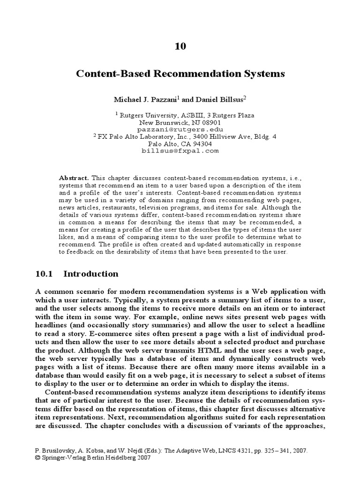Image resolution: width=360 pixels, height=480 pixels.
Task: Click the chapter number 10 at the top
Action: click(x=180, y=45)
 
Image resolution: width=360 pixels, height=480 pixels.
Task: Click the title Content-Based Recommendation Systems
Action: click(x=180, y=74)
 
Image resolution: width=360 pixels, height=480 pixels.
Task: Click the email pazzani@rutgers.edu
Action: click(x=180, y=129)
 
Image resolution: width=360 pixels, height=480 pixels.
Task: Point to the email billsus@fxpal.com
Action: click(x=180, y=151)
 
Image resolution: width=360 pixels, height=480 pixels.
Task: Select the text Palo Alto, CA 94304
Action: click(x=180, y=144)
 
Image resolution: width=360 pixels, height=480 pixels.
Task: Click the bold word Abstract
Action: click(x=74, y=178)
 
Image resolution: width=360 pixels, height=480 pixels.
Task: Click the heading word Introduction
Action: click(x=90, y=274)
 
